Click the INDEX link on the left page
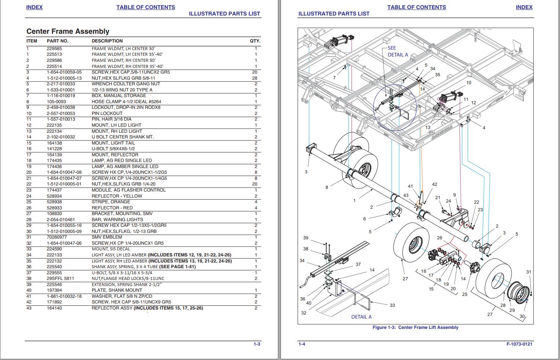point(35,7)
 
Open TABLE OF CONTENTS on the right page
point(416,7)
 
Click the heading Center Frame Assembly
point(68,31)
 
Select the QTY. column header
point(255,41)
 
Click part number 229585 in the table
point(54,49)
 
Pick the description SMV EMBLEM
point(107,237)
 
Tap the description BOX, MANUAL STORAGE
point(118,96)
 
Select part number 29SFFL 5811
point(60,278)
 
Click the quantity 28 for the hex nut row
point(254,78)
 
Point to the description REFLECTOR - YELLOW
point(117,196)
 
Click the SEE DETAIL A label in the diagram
point(397,51)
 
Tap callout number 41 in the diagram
point(410,186)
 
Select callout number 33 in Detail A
point(392,305)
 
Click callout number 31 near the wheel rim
point(529,272)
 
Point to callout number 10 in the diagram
point(469,83)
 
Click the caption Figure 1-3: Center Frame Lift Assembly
point(415,327)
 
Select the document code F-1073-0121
point(519,344)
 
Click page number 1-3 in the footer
point(257,344)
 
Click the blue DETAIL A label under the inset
point(361,317)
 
